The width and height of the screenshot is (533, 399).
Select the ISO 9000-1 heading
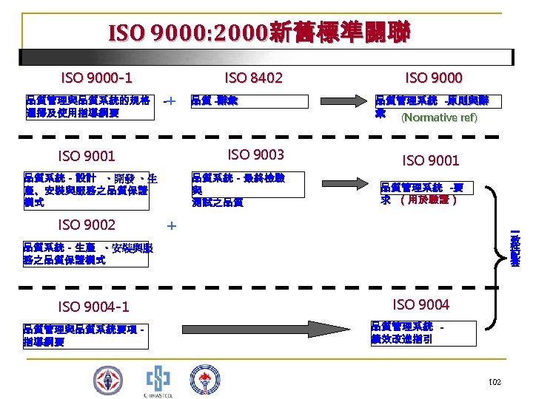coord(96,78)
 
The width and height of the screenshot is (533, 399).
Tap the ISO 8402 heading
coord(253,78)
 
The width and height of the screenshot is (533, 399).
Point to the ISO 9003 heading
coord(255,154)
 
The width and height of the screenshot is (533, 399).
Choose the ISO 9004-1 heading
coord(93,306)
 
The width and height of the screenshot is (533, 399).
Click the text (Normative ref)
coord(439,117)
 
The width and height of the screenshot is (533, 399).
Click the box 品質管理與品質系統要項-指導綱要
coord(85,335)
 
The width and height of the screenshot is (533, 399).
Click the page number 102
coord(495,381)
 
